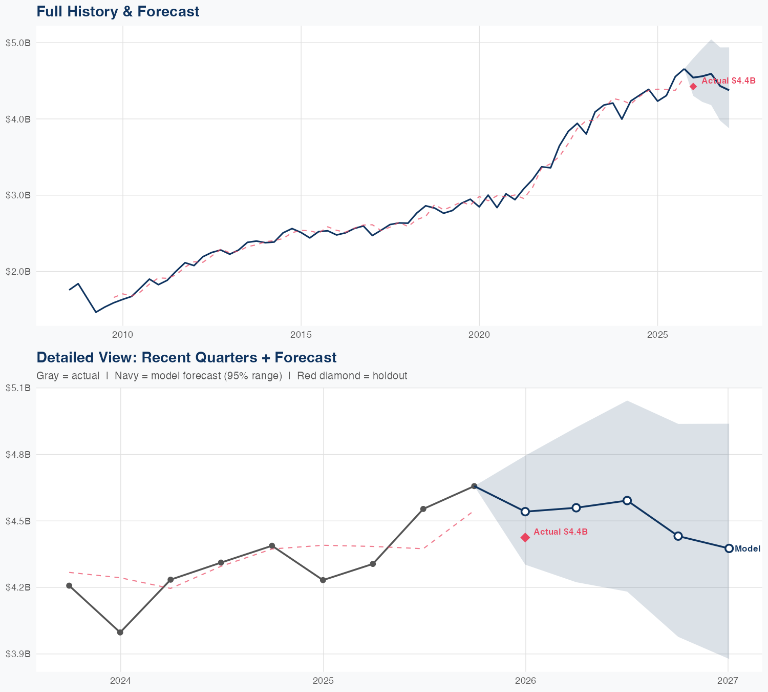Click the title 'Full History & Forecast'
[118, 11]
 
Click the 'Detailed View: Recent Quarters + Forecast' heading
[186, 357]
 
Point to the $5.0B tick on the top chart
[18, 43]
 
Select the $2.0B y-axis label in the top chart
[18, 272]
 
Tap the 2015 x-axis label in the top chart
[301, 335]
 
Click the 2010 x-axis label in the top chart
[122, 335]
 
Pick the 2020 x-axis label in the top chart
[479, 335]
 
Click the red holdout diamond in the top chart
[693, 86]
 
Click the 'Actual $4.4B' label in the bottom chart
[561, 532]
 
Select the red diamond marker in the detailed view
[525, 537]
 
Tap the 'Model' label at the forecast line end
[748, 549]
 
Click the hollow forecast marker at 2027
[729, 548]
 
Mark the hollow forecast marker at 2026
[525, 512]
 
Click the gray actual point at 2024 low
[120, 632]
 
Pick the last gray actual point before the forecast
[474, 486]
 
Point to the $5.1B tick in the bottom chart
[18, 388]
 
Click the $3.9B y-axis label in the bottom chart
[18, 654]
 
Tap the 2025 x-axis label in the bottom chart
[323, 681]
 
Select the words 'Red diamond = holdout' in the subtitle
[352, 376]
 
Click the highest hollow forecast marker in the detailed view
[627, 500]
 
